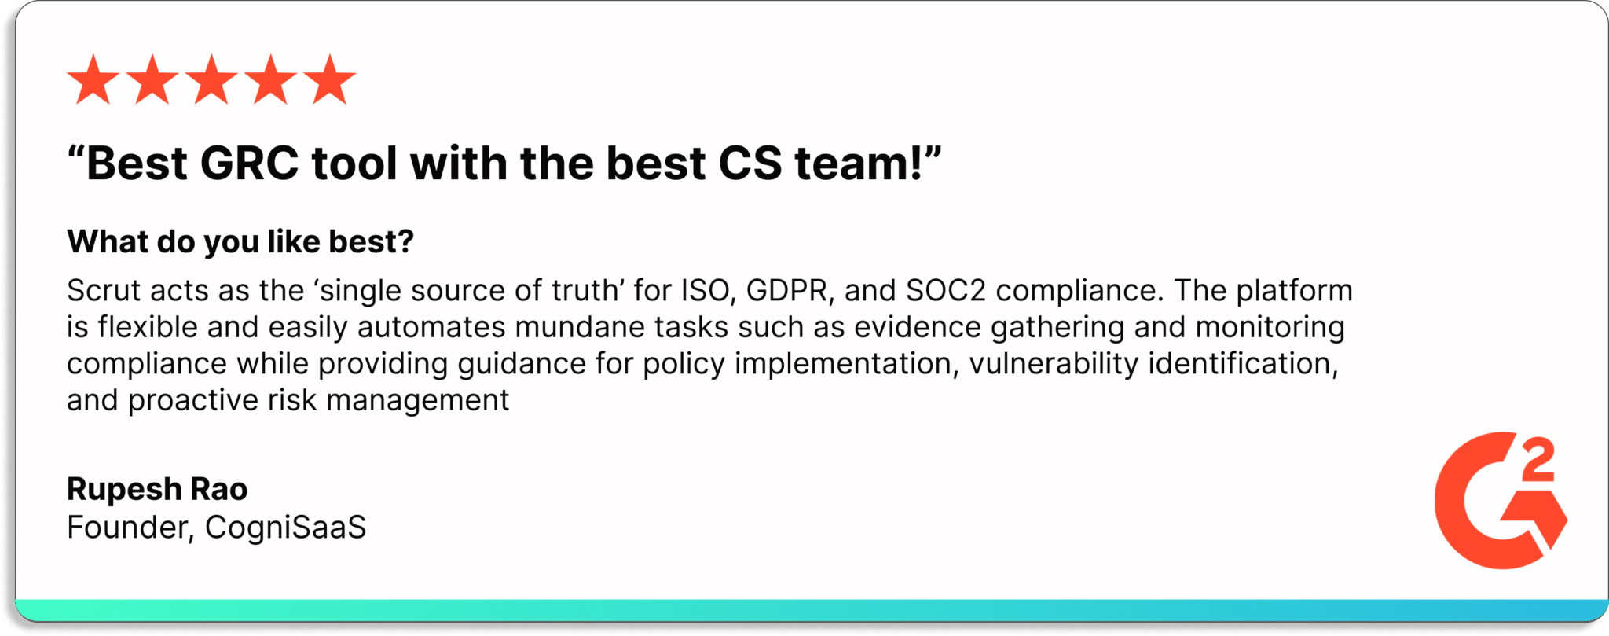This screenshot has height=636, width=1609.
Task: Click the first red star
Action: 93,80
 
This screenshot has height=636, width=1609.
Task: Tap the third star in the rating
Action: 212,80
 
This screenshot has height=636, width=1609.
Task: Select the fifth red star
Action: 330,80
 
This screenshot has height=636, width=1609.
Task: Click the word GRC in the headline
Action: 250,164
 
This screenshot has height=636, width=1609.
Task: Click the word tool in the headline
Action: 354,164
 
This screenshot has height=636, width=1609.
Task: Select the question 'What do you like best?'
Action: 240,242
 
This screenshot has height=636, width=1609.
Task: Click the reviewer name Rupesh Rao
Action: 157,489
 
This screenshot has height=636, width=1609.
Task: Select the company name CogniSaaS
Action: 285,528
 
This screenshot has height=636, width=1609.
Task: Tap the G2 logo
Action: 1501,501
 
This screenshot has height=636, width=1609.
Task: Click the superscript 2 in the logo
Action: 1538,461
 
